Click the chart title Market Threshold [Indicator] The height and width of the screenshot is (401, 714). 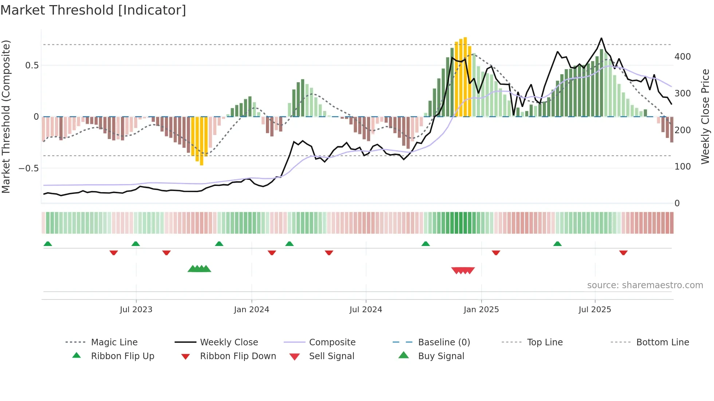[x=93, y=10]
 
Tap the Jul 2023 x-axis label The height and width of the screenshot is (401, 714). [x=136, y=310]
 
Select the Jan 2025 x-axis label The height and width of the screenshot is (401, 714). [x=481, y=310]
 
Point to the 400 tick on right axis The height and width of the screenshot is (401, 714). [x=682, y=57]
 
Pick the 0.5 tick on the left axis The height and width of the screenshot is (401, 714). [x=32, y=65]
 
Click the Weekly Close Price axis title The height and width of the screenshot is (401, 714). [x=705, y=116]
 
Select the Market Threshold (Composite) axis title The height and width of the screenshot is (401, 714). [x=6, y=116]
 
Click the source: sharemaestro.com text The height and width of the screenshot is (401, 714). [x=645, y=285]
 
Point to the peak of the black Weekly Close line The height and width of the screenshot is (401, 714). [x=601, y=39]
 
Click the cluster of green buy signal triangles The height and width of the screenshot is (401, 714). [x=199, y=269]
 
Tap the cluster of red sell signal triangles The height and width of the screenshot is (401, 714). [x=463, y=270]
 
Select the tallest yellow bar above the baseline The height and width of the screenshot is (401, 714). [x=465, y=76]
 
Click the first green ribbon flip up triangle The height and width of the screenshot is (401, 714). [x=48, y=244]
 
